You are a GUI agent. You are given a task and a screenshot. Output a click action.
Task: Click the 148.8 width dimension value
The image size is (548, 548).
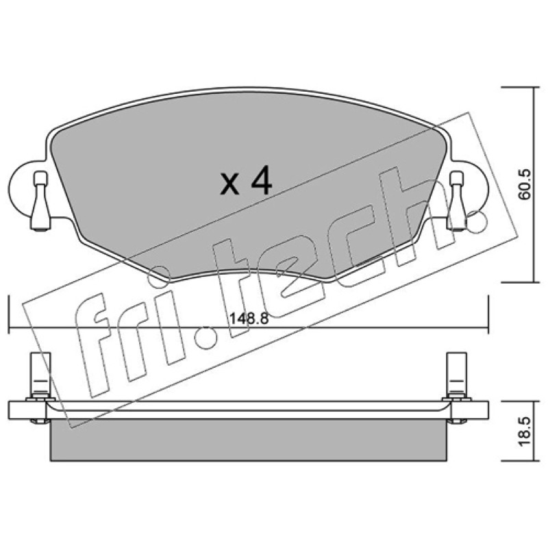(x=249, y=319)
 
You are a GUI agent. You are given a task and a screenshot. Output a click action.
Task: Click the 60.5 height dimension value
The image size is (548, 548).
(x=525, y=184)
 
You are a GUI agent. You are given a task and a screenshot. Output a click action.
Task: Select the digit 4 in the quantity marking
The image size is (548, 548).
(x=261, y=180)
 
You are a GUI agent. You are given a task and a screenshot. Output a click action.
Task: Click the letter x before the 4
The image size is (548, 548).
(x=229, y=185)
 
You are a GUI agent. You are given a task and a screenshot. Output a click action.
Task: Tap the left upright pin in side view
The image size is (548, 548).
(x=40, y=375)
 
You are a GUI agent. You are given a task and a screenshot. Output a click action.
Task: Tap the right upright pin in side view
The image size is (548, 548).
(x=457, y=375)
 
